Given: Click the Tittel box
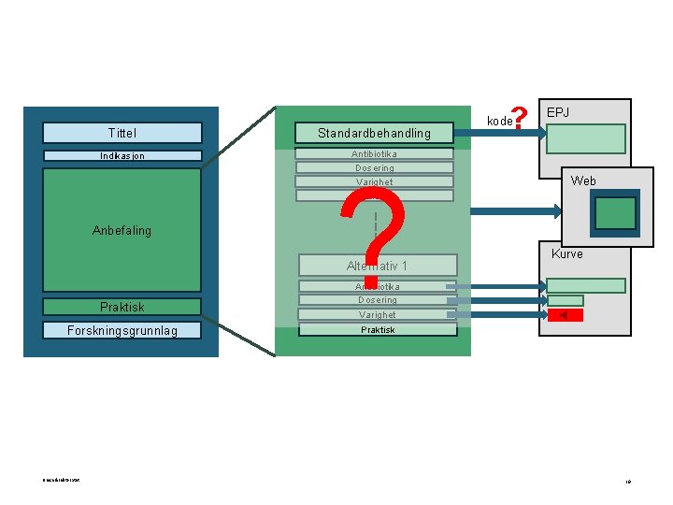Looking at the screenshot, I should tap(122, 133).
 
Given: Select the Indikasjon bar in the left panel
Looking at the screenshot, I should tap(122, 155).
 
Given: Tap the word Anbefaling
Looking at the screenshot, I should tap(122, 230).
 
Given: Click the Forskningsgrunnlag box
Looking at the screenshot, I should tap(122, 330).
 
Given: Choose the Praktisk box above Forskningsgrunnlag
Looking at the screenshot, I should tap(122, 307).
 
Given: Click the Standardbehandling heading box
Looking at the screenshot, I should tap(374, 133).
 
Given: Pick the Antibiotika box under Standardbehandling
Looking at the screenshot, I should tap(374, 153).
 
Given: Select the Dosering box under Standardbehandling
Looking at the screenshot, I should tap(374, 168).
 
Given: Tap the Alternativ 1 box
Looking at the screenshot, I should tap(378, 266).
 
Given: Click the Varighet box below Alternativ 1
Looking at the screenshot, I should tap(378, 315).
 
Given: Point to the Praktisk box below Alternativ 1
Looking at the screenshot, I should tap(378, 329).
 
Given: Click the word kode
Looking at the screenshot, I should tap(500, 121).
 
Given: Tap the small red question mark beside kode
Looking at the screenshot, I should tap(522, 117).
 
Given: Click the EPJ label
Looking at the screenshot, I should tap(558, 113).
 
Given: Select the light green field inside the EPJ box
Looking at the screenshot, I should tap(586, 139).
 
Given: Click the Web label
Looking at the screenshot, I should tap(583, 180).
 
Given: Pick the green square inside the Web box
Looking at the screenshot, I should tap(614, 213).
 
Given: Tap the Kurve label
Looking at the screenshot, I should tap(566, 253).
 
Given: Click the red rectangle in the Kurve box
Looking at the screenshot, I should tap(566, 315).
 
